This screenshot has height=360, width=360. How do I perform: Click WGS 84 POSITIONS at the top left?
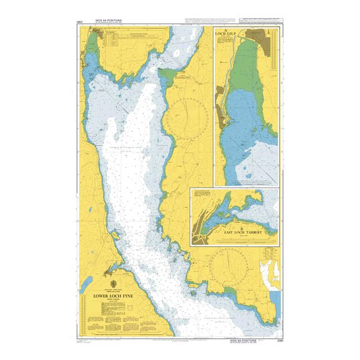[106, 21]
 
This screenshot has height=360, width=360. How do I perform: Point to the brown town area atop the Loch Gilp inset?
[259, 37]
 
